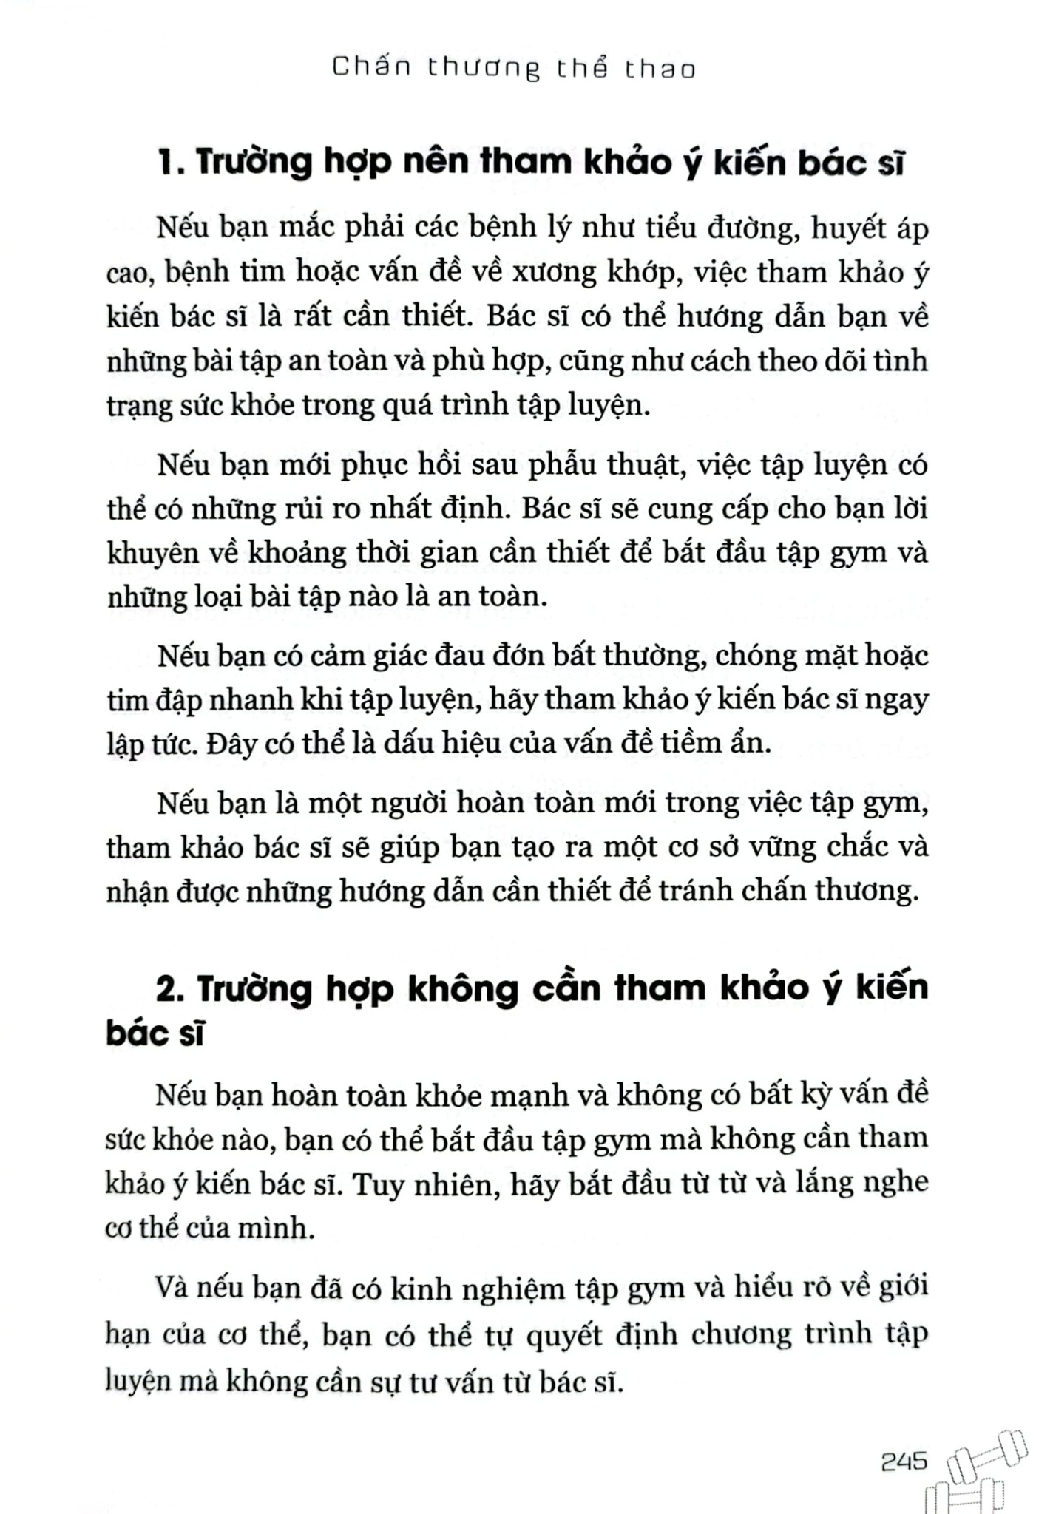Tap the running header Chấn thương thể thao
coord(514,69)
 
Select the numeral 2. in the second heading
coord(170,989)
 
